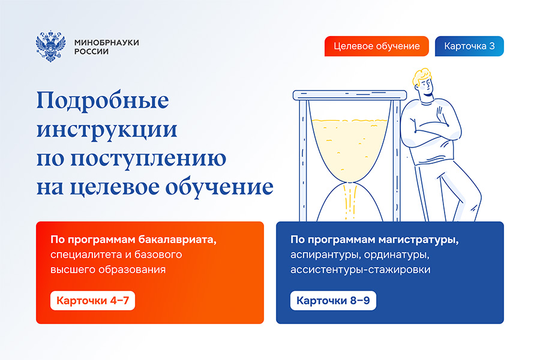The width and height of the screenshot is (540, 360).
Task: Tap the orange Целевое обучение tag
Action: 376,46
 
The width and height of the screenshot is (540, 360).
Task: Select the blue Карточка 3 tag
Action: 469,46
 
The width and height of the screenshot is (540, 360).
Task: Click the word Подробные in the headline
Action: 103,101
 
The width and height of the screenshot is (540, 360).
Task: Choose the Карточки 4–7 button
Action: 92,300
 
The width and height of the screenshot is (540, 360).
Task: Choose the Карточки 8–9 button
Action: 333,300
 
